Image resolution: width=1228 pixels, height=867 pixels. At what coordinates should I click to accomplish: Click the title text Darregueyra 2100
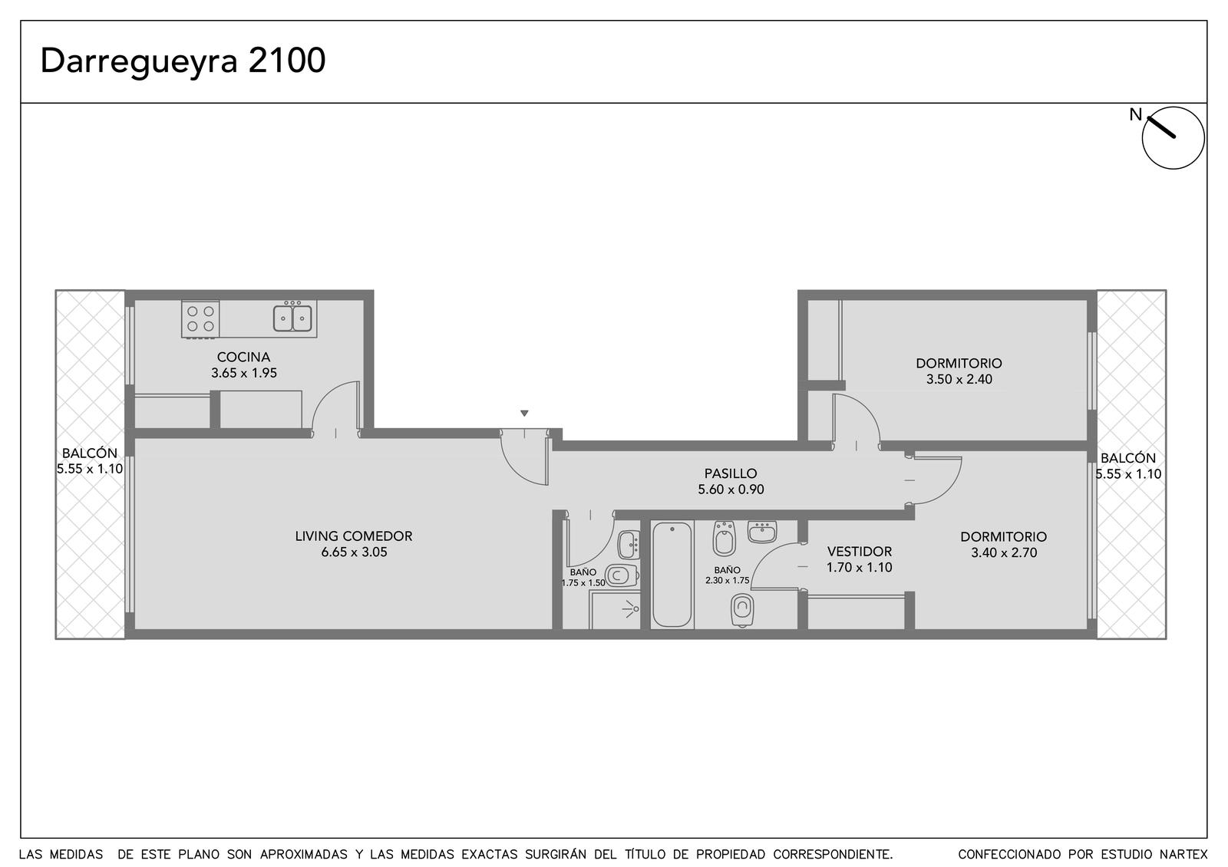click(183, 61)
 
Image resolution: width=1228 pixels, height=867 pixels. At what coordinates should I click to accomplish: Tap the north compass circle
click(1173, 137)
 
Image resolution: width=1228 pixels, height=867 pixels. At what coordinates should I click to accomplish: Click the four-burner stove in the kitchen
click(200, 318)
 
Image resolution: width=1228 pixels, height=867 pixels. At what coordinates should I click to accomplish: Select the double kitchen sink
click(292, 318)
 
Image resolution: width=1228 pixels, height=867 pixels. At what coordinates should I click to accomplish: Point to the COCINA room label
click(243, 357)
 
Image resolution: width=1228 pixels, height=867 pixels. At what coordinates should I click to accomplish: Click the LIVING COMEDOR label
click(354, 536)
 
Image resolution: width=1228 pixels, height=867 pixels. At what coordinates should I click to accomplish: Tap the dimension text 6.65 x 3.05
click(354, 552)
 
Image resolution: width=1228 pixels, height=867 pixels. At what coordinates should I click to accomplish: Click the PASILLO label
click(730, 473)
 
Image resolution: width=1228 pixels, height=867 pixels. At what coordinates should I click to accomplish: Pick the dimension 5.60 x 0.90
click(731, 489)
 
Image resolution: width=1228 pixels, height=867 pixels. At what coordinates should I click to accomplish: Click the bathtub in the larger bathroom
click(672, 575)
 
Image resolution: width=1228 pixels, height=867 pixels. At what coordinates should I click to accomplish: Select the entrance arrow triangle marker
click(524, 414)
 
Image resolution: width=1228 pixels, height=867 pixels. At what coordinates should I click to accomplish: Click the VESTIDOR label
click(859, 552)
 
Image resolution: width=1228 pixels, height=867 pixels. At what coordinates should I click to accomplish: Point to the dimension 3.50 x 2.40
click(959, 379)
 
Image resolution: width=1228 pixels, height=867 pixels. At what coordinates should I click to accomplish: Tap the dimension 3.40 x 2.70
click(1004, 552)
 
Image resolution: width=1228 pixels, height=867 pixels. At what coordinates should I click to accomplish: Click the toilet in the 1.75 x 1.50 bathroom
click(622, 575)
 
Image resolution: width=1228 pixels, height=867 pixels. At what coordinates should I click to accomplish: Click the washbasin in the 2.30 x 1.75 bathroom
click(762, 532)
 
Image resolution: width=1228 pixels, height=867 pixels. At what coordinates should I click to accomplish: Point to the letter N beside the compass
click(1135, 114)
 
